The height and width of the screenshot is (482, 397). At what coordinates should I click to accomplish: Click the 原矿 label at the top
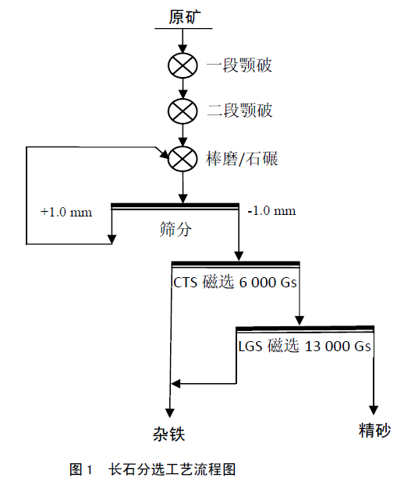coord(185,17)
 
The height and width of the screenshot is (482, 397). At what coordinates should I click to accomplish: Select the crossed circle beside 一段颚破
coord(183,65)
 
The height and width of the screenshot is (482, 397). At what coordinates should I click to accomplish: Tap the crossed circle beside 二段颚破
coord(183,111)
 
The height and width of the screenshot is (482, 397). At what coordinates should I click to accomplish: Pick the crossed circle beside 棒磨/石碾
coord(183,159)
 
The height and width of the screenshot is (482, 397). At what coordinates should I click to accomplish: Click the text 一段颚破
coord(239,65)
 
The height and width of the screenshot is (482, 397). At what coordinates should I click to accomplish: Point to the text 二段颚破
coord(240,110)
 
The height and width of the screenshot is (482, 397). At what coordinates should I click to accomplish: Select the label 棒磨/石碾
coord(242,159)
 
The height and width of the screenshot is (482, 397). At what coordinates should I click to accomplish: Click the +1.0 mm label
coord(66,212)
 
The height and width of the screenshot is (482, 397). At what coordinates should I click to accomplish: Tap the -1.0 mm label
coord(271,211)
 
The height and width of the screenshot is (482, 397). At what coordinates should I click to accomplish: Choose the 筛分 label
coord(175,229)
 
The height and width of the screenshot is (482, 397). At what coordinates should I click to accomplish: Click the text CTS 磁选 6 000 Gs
coord(235,282)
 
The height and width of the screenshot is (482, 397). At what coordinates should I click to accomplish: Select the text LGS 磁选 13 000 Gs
coord(305,346)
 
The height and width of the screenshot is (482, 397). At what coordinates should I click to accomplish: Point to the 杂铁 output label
coord(169,435)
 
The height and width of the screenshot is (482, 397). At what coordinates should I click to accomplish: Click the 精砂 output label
coord(374,431)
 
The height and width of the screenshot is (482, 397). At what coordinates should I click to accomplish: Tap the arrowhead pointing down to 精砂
coord(374,410)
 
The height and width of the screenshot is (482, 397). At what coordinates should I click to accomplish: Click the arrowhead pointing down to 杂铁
coord(170,413)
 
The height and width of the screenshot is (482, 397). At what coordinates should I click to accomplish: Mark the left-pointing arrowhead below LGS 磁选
coord(175,384)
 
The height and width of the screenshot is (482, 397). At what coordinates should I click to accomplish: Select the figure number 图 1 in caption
coord(80,470)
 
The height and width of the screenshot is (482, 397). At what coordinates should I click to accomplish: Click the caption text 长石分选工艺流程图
coord(172,470)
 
